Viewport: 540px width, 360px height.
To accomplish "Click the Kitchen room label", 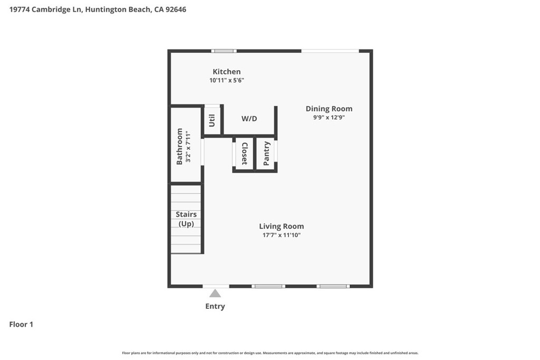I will [227, 72].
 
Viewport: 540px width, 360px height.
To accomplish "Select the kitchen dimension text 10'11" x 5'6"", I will [227, 81].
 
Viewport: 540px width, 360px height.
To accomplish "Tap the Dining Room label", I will [329, 109].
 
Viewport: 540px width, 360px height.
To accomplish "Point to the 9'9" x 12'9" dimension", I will [329, 118].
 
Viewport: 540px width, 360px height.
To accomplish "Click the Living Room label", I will [282, 226].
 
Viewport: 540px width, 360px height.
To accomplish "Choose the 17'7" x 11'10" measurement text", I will [282, 235].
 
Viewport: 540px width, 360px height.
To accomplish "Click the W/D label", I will [249, 119].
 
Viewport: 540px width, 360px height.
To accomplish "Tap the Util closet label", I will [212, 121].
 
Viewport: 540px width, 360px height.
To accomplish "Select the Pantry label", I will [266, 153].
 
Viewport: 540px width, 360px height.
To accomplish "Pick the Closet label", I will [244, 153].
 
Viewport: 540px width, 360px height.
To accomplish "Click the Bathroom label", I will [179, 146].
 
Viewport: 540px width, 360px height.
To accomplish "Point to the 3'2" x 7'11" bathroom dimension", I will [187, 146].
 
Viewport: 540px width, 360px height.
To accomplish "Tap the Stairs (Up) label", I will [186, 219].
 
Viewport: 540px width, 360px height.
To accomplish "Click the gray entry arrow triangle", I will [215, 294].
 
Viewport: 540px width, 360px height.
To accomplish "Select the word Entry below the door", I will [215, 306].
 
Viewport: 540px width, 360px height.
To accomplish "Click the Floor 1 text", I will [21, 324].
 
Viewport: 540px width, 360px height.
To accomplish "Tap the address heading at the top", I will [98, 9].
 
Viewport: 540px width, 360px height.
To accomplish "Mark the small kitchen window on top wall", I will [224, 51].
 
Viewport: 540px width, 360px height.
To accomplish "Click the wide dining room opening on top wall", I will [331, 51].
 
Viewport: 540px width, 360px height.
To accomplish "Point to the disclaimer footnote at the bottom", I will [270, 353].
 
